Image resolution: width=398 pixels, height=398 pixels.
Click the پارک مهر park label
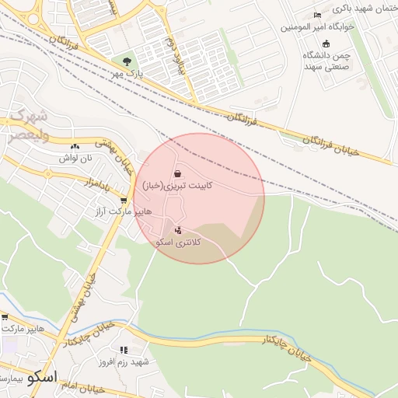coord(126,73)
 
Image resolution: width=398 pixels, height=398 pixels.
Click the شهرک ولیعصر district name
coord(29,125)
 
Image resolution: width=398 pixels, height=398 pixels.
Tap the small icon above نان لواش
coord(75,147)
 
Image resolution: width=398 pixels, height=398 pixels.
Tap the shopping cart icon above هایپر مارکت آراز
coord(123,201)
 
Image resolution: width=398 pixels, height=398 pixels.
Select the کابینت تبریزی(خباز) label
coord(177,187)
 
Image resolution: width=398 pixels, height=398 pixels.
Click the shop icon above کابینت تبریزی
coord(178,174)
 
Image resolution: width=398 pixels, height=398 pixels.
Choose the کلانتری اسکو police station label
coord(179,243)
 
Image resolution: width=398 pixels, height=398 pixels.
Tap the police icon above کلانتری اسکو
coord(179,230)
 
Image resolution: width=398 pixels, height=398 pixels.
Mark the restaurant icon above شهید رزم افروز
coord(123,351)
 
